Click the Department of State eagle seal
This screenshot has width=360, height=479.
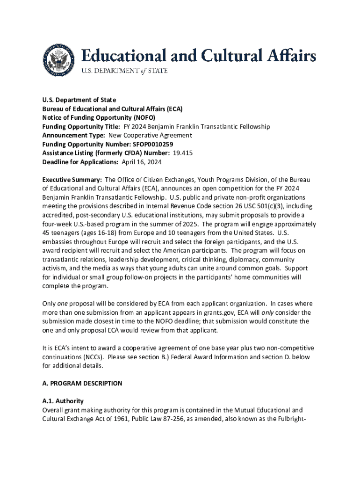(59, 60)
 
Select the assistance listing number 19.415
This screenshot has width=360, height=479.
(183, 153)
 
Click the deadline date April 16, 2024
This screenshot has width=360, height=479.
(142, 162)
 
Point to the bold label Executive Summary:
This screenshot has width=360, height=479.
(72, 180)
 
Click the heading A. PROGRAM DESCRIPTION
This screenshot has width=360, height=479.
(82, 383)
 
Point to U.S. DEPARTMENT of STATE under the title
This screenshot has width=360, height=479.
(125, 71)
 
